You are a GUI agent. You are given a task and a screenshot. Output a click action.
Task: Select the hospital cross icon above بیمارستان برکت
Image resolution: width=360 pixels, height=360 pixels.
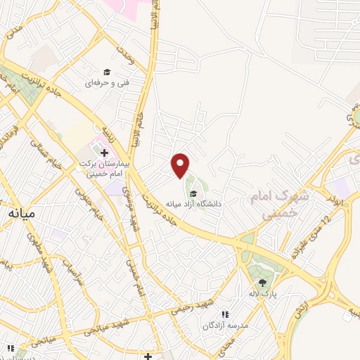click(x=104, y=153)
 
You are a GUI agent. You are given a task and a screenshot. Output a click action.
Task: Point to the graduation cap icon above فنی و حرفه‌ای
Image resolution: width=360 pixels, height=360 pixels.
click(x=107, y=72)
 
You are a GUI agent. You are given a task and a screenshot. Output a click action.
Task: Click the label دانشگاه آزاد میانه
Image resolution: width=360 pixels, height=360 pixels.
click(x=194, y=204)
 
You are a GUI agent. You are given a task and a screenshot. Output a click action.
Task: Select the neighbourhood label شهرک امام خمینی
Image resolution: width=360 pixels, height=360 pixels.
click(x=270, y=207)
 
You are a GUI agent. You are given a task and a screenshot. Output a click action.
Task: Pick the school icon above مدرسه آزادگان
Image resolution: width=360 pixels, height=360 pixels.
click(x=225, y=314)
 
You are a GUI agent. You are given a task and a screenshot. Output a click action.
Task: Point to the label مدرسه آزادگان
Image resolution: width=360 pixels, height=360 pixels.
click(x=223, y=326)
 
